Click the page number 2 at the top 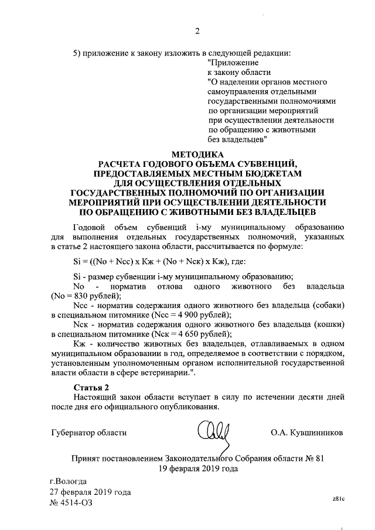click(197, 31)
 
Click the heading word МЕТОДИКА click(197, 153)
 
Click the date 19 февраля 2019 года click(197, 469)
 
